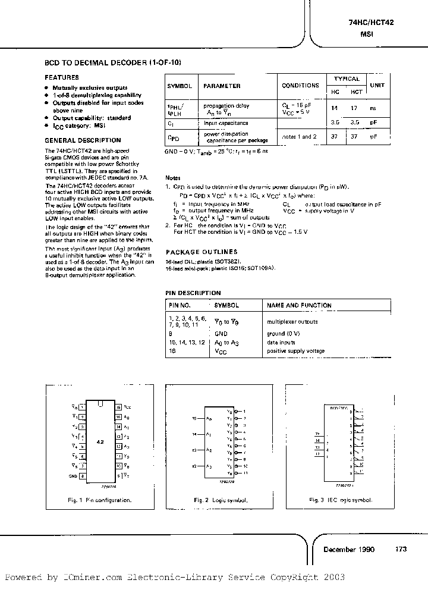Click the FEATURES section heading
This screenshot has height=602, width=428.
click(x=62, y=77)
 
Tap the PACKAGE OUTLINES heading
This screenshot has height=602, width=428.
click(x=202, y=252)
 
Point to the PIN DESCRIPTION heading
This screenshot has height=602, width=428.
click(x=193, y=293)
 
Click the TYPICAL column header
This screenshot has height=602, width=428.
click(x=347, y=79)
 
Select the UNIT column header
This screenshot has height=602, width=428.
click(x=377, y=85)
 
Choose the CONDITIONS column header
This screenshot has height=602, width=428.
click(x=300, y=86)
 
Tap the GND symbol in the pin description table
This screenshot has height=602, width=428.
click(x=221, y=334)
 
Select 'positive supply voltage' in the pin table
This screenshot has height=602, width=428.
click(x=296, y=351)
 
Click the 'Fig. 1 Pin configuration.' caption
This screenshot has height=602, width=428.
click(x=100, y=501)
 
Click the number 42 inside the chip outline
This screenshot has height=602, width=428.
click(x=99, y=443)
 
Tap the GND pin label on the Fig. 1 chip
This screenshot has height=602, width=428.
click(x=73, y=476)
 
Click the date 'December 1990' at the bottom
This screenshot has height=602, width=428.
click(x=348, y=549)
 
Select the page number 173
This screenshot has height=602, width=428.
click(x=401, y=549)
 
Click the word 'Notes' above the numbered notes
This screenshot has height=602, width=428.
click(x=172, y=178)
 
